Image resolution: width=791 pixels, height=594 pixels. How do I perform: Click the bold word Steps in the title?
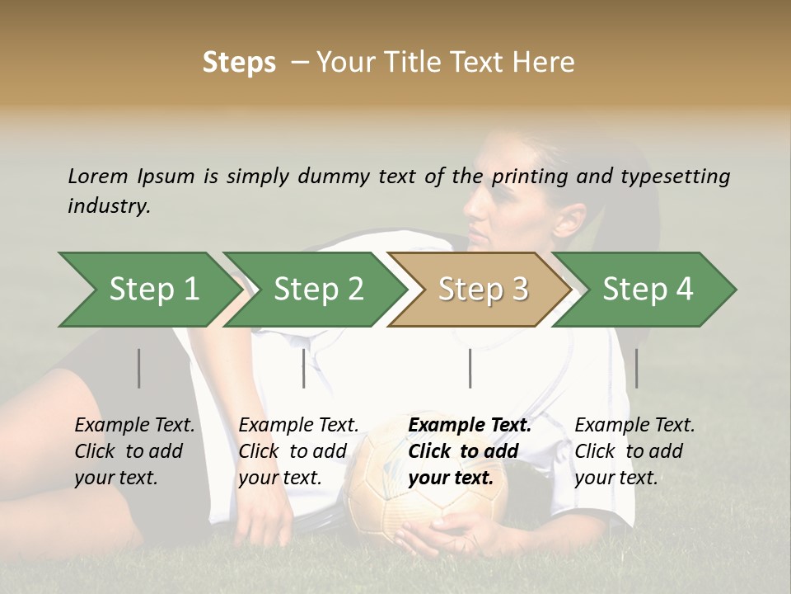[239, 63]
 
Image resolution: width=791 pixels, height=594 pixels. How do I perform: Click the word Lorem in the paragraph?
[98, 176]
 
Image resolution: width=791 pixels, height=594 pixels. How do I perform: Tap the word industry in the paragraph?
[108, 206]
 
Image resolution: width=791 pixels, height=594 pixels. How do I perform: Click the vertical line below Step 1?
[139, 368]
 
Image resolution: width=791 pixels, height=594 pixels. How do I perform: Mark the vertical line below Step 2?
[304, 368]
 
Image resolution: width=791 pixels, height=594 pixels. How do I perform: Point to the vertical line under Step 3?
[470, 368]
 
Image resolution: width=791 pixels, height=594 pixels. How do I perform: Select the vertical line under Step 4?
[636, 368]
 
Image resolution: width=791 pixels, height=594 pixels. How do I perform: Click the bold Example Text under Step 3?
[470, 426]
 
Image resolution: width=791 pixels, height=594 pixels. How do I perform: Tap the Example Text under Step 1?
[134, 426]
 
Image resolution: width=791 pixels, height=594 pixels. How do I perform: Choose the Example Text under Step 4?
[634, 426]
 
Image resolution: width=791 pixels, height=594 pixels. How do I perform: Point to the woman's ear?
[567, 219]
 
